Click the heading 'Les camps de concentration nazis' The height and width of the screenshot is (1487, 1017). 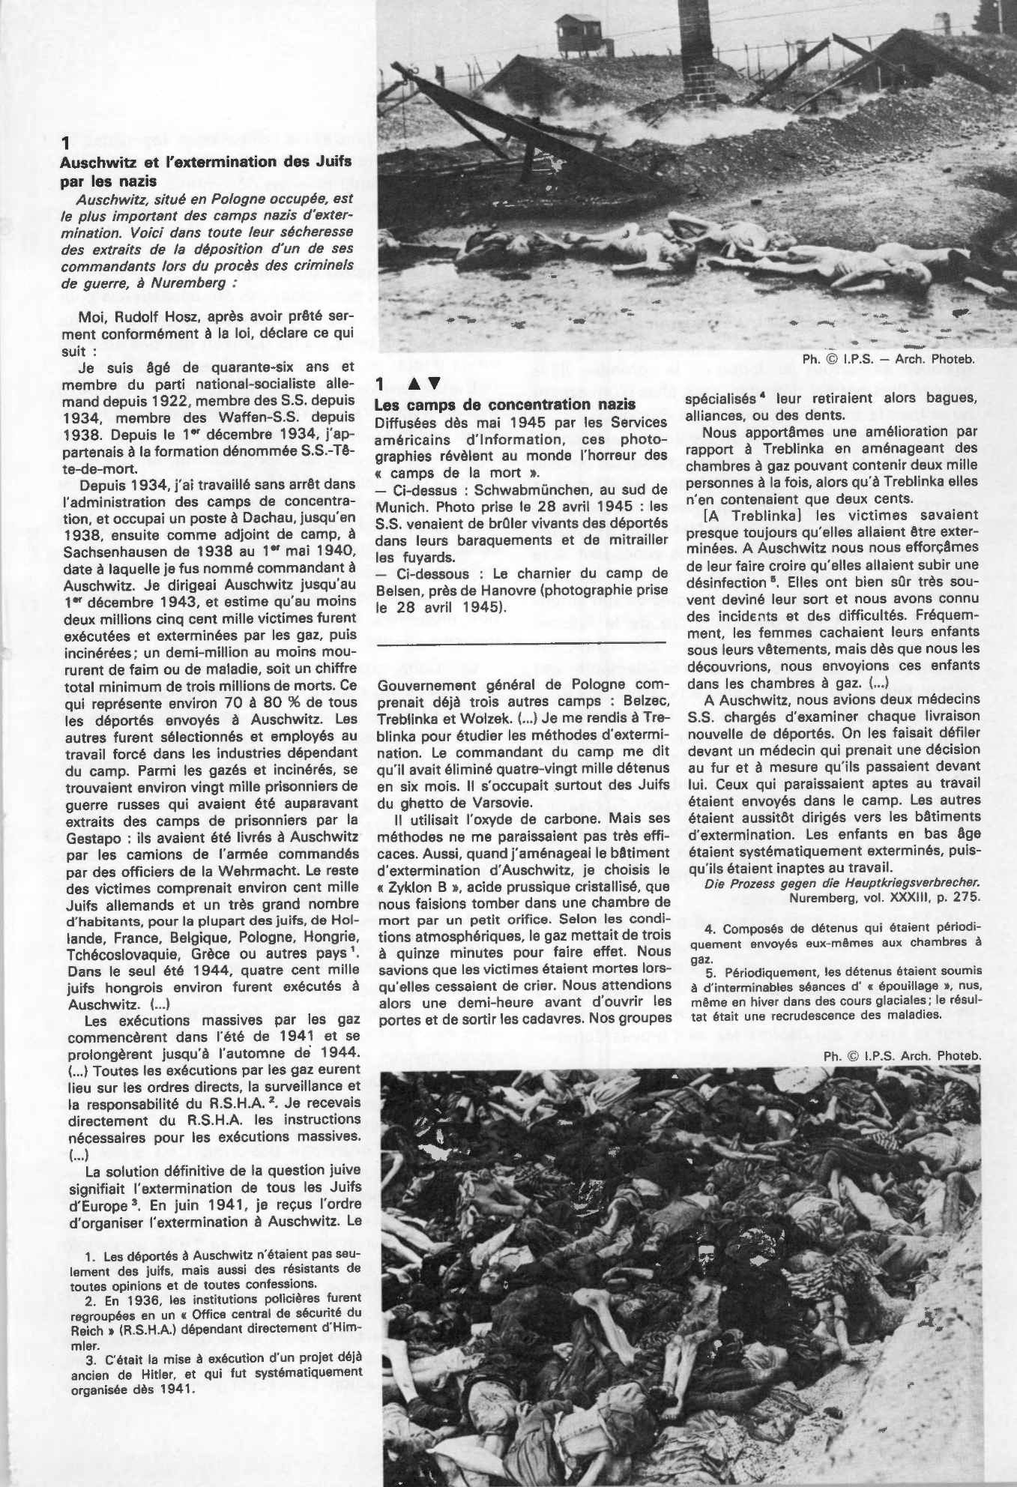pos(507,405)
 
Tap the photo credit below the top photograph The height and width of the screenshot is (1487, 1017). pos(889,359)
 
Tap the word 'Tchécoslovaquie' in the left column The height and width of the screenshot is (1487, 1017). pos(118,953)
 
